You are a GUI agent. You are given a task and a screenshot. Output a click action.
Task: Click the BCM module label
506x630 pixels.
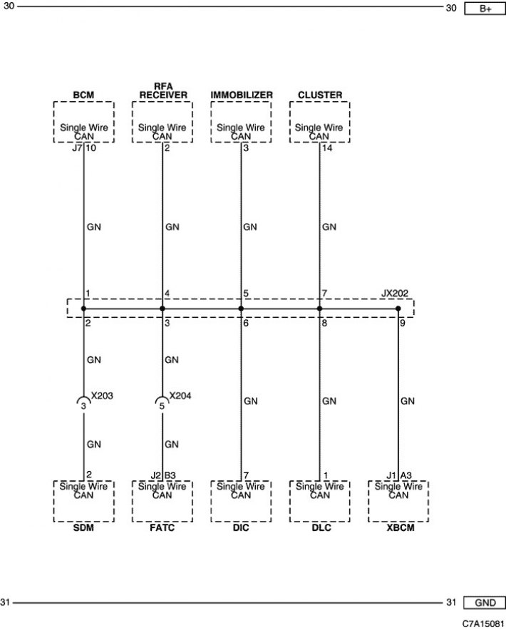pos(83,95)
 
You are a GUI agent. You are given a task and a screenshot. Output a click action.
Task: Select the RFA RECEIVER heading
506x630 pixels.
pos(163,91)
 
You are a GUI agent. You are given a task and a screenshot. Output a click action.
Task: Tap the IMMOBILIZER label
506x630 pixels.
pos(242,95)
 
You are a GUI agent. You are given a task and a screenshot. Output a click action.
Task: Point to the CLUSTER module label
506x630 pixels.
pos(320,95)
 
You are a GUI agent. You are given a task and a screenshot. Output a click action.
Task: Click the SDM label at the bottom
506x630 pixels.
pos(83,527)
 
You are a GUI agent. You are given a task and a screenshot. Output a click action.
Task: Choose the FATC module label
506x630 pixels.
pos(162,527)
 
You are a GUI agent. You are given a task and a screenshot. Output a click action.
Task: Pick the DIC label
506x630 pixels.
pos(241,527)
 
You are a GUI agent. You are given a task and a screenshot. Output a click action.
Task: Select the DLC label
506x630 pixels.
pos(321,527)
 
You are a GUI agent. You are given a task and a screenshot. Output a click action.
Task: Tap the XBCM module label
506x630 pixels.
pos(401,527)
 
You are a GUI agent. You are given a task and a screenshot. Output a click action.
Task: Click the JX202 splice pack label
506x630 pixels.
pos(395,294)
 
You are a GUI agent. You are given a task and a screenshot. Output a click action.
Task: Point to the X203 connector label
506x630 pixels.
pos(102,396)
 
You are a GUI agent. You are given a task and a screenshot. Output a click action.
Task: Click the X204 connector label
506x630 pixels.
pos(180,396)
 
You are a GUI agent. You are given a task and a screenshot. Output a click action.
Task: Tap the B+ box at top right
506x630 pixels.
pos(485,9)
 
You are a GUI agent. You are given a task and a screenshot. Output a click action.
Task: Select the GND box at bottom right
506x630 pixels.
pos(485,603)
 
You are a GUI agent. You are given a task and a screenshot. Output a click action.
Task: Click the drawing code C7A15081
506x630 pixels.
pos(483,624)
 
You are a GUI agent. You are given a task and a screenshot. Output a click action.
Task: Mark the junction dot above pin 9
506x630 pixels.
pos(398,309)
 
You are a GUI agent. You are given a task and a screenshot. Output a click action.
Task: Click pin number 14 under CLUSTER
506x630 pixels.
pos(328,148)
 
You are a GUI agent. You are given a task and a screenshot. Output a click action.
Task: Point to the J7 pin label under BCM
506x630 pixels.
pos(77,148)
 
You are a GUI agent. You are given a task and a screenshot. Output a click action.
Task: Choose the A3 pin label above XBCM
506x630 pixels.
pos(406,475)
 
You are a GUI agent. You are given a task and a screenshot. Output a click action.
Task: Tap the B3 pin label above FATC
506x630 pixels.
pos(170,475)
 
